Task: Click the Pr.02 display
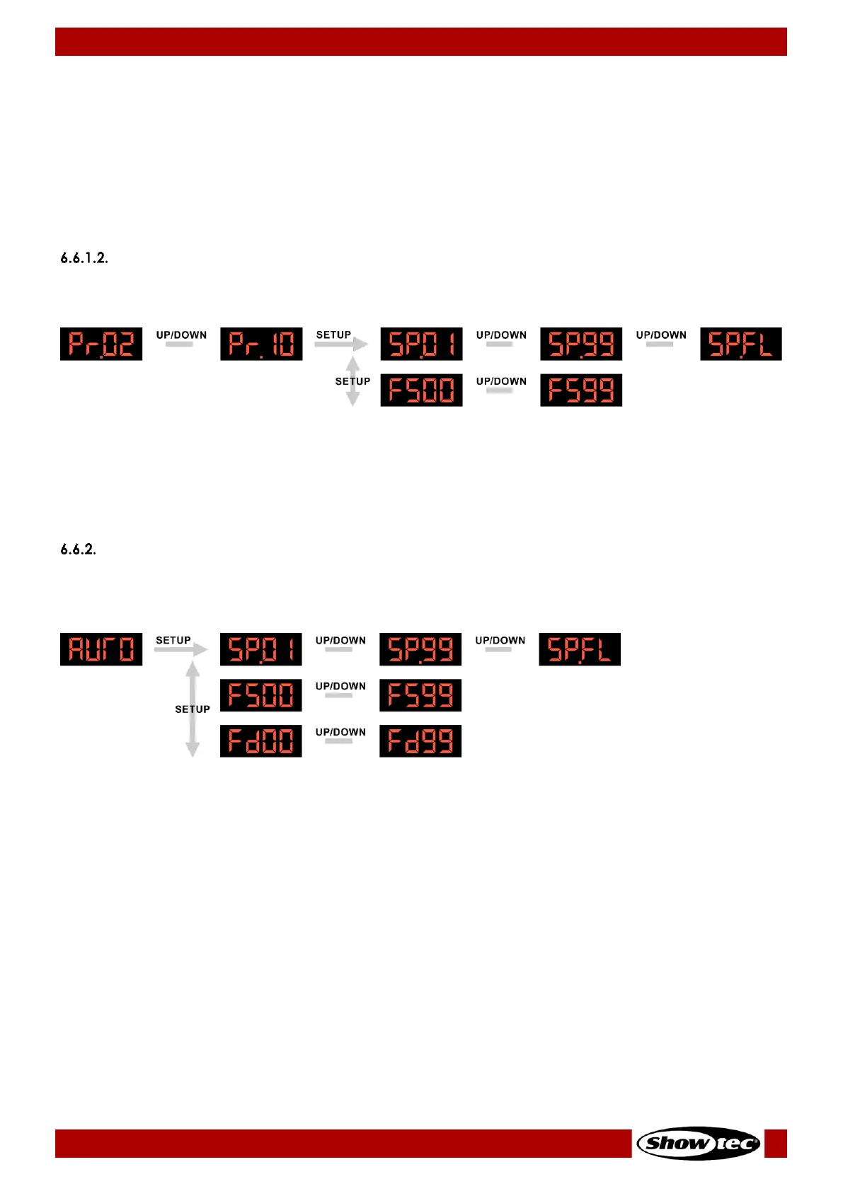tap(101, 344)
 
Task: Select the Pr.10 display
tap(261, 344)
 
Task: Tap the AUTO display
tap(101, 649)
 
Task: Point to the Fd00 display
tap(261, 741)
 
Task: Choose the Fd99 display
tap(420, 741)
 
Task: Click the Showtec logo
tap(699, 1143)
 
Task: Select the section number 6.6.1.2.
tap(84, 258)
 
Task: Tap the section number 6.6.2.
tap(78, 550)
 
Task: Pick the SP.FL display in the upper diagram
tap(741, 344)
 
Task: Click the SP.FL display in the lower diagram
tap(580, 649)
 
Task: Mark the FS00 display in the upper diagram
tap(421, 390)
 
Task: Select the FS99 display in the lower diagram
tap(420, 695)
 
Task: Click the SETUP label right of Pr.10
tap(333, 335)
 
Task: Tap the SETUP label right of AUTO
tap(173, 640)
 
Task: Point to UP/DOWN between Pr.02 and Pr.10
tap(181, 335)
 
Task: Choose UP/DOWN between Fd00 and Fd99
tap(340, 732)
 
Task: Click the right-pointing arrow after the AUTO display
tap(182, 649)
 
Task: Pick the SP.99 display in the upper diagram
tap(581, 344)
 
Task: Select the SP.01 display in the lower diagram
tap(261, 649)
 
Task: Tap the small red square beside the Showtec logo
tap(776, 1143)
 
